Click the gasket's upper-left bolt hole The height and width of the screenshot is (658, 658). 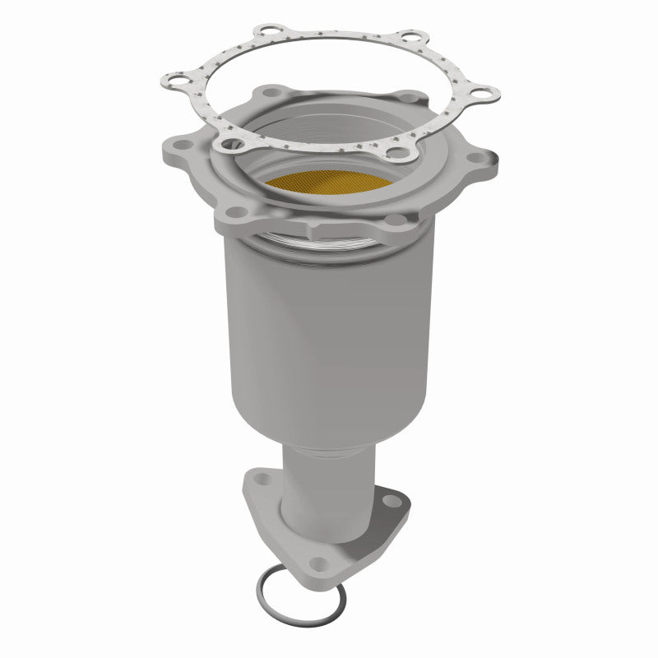pyautogui.click(x=265, y=34)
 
